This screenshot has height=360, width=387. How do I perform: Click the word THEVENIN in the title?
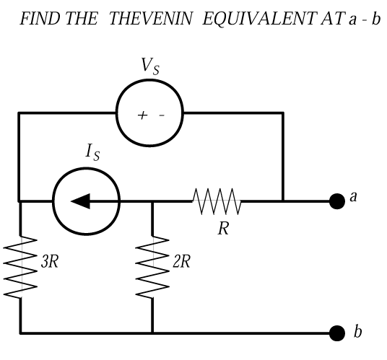[x=150, y=19]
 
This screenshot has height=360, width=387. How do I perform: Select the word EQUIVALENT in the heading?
[x=260, y=19]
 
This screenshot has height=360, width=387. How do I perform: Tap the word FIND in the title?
[x=40, y=19]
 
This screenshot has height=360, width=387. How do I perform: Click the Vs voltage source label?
[x=150, y=66]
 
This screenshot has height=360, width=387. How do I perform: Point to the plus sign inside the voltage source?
[x=142, y=115]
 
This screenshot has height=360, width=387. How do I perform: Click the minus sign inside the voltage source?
[x=162, y=115]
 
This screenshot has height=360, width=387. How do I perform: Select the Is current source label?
[x=93, y=152]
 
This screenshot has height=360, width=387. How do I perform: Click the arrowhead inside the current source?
[x=80, y=201]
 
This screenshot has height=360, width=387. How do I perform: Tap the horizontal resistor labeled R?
[x=217, y=201]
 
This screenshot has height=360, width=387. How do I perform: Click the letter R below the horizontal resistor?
[x=223, y=228]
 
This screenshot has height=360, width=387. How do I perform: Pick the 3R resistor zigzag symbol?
[x=20, y=267]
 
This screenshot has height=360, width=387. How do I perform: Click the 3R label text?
[x=50, y=261]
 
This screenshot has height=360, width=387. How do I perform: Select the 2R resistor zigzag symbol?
[x=152, y=267]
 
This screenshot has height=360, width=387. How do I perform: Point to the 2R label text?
[x=182, y=261]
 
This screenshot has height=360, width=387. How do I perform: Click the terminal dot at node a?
[x=337, y=201]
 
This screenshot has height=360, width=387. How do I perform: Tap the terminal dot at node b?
[x=337, y=333]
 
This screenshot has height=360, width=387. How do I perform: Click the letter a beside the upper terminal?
[x=354, y=197]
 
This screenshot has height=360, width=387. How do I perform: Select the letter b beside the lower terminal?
[x=357, y=331]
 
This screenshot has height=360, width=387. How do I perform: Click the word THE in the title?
[x=82, y=19]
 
